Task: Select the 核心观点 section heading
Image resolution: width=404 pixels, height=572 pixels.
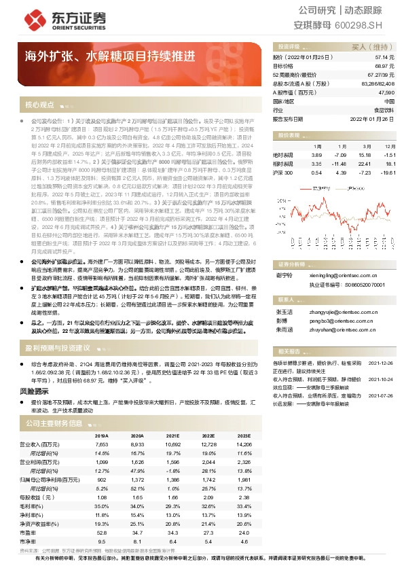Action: tap(40, 105)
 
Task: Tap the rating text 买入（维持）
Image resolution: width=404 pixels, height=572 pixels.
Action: tap(369, 48)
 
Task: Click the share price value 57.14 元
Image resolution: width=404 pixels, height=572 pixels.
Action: tap(384, 58)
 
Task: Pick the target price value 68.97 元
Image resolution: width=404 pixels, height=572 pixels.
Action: tap(384, 67)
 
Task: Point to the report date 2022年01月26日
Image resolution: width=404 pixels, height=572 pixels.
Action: tap(372, 118)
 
